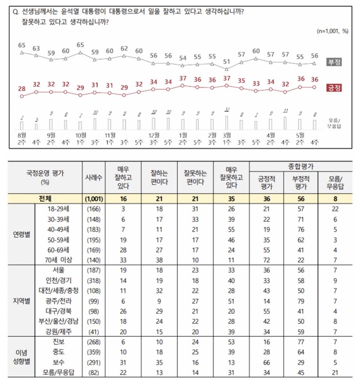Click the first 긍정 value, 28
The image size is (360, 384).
click(x=22, y=89)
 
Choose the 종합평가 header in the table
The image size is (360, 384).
click(x=300, y=166)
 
